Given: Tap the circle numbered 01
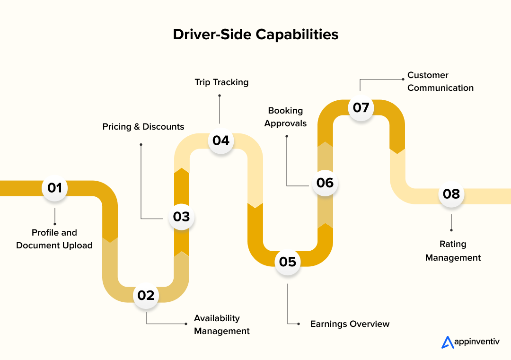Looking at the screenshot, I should (55, 188).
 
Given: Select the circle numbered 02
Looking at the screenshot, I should (146, 295).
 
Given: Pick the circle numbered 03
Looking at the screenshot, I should (181, 217).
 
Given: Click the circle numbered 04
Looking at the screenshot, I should (221, 140).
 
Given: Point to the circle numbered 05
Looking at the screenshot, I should (288, 262).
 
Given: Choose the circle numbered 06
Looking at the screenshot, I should (325, 183).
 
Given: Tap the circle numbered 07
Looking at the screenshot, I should (361, 107).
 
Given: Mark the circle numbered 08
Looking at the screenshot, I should (451, 193).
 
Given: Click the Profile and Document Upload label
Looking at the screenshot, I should (54, 239).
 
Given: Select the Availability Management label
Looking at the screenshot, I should (221, 325).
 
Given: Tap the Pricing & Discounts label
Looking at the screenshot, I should (143, 127).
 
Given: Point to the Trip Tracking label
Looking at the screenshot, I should (221, 82).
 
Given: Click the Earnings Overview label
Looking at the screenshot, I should (350, 324).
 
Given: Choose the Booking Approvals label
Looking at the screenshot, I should (285, 117).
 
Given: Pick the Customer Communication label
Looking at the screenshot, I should (440, 81).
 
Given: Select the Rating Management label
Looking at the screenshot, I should (453, 251).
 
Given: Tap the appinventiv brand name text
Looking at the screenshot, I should (476, 342).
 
